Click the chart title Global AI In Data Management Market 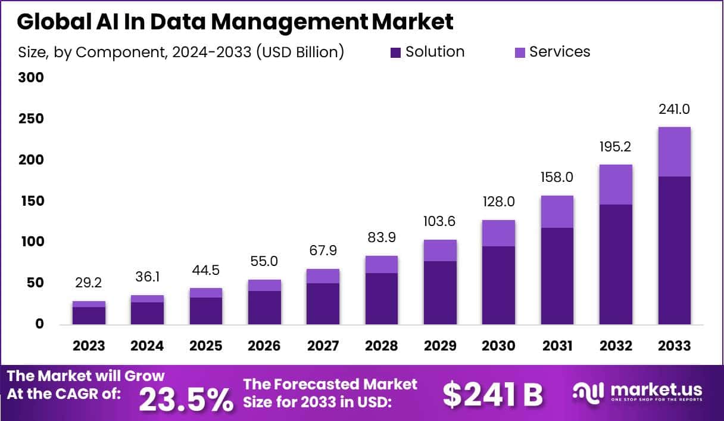point(235,21)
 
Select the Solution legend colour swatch point(396,52)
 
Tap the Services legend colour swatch point(520,52)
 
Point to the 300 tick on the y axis point(32,78)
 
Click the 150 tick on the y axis point(32,201)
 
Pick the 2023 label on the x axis point(89,346)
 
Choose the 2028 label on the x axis point(381,346)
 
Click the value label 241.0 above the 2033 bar point(674,110)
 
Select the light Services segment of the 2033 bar point(674,151)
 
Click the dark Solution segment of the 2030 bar point(498,285)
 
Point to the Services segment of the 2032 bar point(616,184)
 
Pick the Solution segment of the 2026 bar point(264,307)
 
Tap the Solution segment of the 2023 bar point(89,315)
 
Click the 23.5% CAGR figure point(186,400)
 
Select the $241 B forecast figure point(493,394)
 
